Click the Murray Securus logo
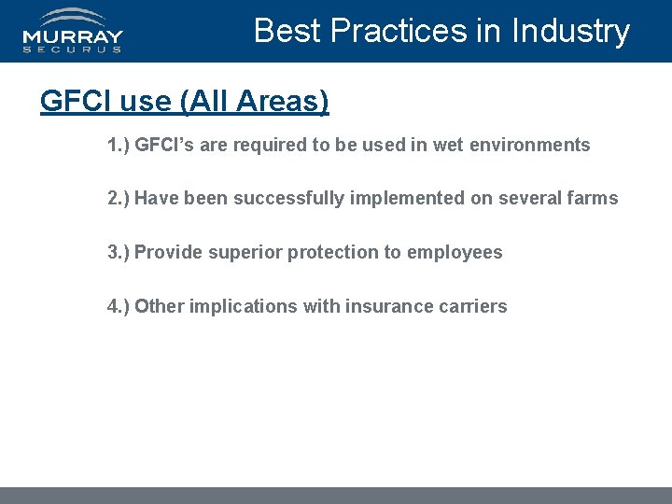(73, 31)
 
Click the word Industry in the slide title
(570, 31)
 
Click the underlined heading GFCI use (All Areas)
(184, 101)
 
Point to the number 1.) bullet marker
(119, 145)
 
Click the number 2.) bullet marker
(119, 198)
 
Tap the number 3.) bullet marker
(119, 252)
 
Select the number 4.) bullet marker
(119, 306)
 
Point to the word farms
(594, 198)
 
